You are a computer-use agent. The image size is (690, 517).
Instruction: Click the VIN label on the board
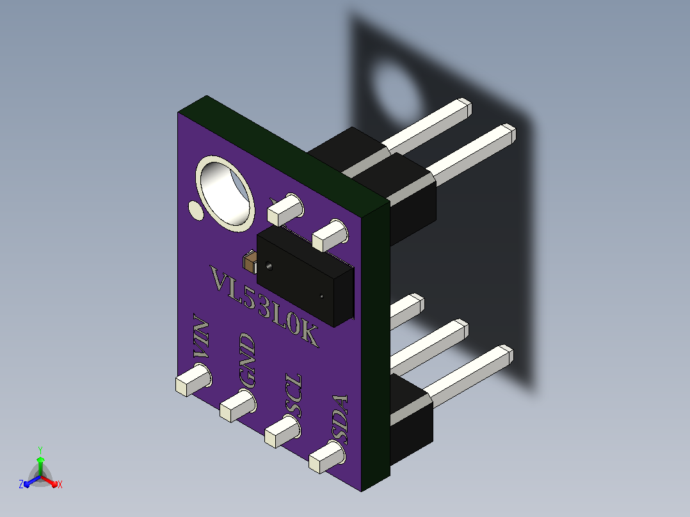point(201,337)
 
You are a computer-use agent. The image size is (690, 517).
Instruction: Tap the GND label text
point(247,360)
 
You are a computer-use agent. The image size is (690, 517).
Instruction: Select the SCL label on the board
point(294,395)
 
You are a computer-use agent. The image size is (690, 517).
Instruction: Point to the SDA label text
point(340,420)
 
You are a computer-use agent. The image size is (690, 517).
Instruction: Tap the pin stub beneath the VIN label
point(193,379)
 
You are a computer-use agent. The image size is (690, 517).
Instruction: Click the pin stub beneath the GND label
point(238,406)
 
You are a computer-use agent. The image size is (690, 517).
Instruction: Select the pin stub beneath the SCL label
point(282,431)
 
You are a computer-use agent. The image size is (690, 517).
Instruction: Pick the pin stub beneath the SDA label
point(327,457)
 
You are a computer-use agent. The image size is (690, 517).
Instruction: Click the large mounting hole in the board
point(225,194)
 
